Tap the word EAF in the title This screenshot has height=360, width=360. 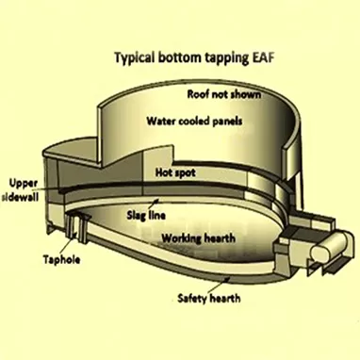[261, 57]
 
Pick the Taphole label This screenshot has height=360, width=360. [61, 255]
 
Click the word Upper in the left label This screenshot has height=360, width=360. [23, 182]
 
